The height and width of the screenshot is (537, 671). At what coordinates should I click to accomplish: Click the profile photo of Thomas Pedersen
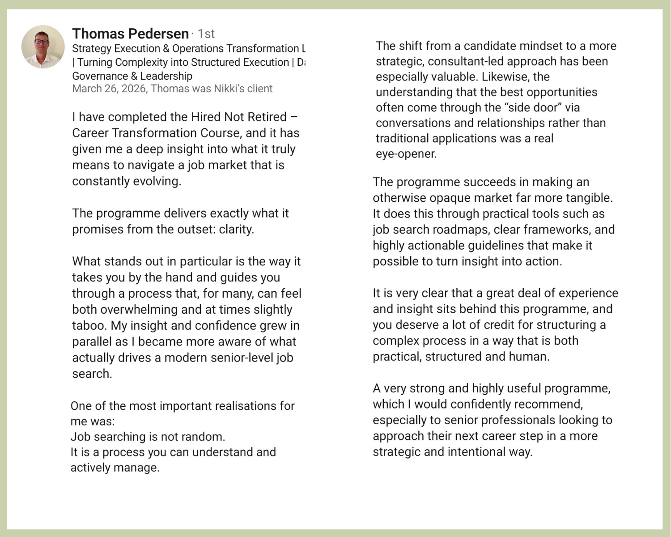(x=43, y=47)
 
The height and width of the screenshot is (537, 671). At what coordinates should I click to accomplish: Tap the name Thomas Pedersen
(x=130, y=34)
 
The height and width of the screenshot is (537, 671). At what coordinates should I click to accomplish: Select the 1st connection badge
(x=206, y=34)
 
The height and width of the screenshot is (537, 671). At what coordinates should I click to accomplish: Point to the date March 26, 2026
(x=109, y=89)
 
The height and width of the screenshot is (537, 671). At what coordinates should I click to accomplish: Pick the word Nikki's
(x=229, y=89)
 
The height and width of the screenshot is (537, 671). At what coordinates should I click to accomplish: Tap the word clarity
(x=236, y=230)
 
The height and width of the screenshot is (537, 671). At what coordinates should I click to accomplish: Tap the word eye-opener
(x=406, y=154)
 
